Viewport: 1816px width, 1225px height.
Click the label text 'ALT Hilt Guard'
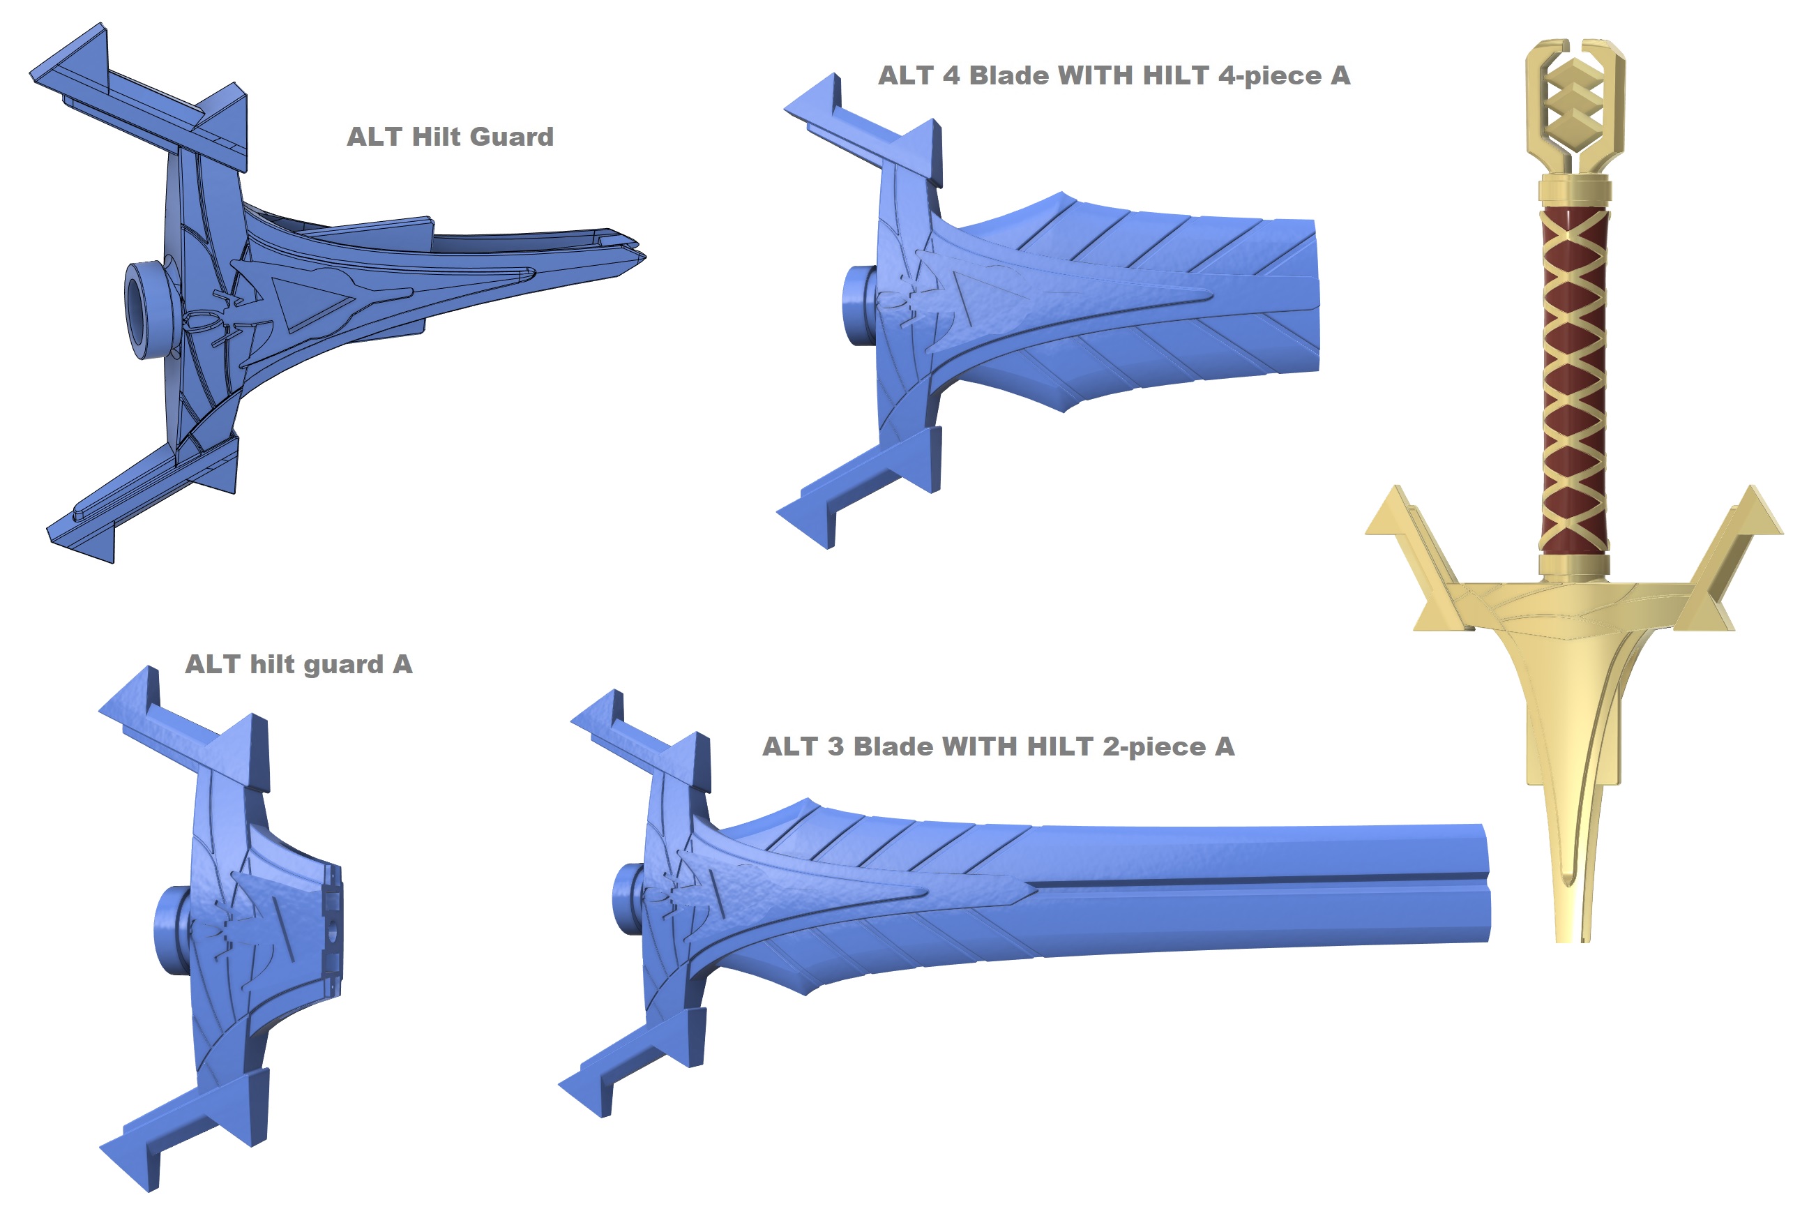click(450, 137)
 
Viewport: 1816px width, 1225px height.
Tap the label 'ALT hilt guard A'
click(298, 665)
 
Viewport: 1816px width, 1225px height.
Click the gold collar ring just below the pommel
click(1575, 190)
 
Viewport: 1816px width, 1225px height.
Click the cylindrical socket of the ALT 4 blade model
click(859, 306)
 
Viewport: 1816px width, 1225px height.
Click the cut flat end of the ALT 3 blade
click(1486, 882)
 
